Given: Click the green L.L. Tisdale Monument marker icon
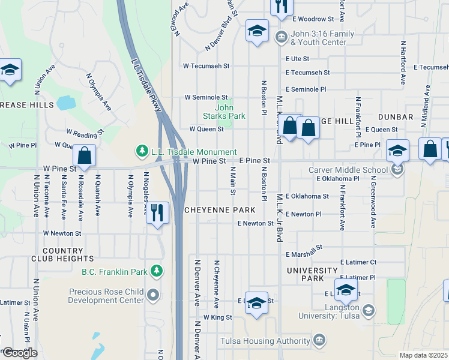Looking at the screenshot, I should point(142,149).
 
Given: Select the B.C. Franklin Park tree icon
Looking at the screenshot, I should point(156,271).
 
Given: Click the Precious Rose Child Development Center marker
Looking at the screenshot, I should point(154,295).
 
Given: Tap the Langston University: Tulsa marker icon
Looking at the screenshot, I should point(368,310).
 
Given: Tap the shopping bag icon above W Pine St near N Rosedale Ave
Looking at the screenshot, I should point(85,155).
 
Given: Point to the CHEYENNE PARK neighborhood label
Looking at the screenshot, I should point(220,210).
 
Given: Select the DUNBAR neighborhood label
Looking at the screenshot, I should point(396,117).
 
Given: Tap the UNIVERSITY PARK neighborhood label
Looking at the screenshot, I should point(312,275).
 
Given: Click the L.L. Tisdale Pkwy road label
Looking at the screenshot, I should point(146,85).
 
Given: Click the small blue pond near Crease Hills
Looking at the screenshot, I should point(67,103).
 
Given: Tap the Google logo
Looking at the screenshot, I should point(20,353).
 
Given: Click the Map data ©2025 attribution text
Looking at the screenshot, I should point(423,355).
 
